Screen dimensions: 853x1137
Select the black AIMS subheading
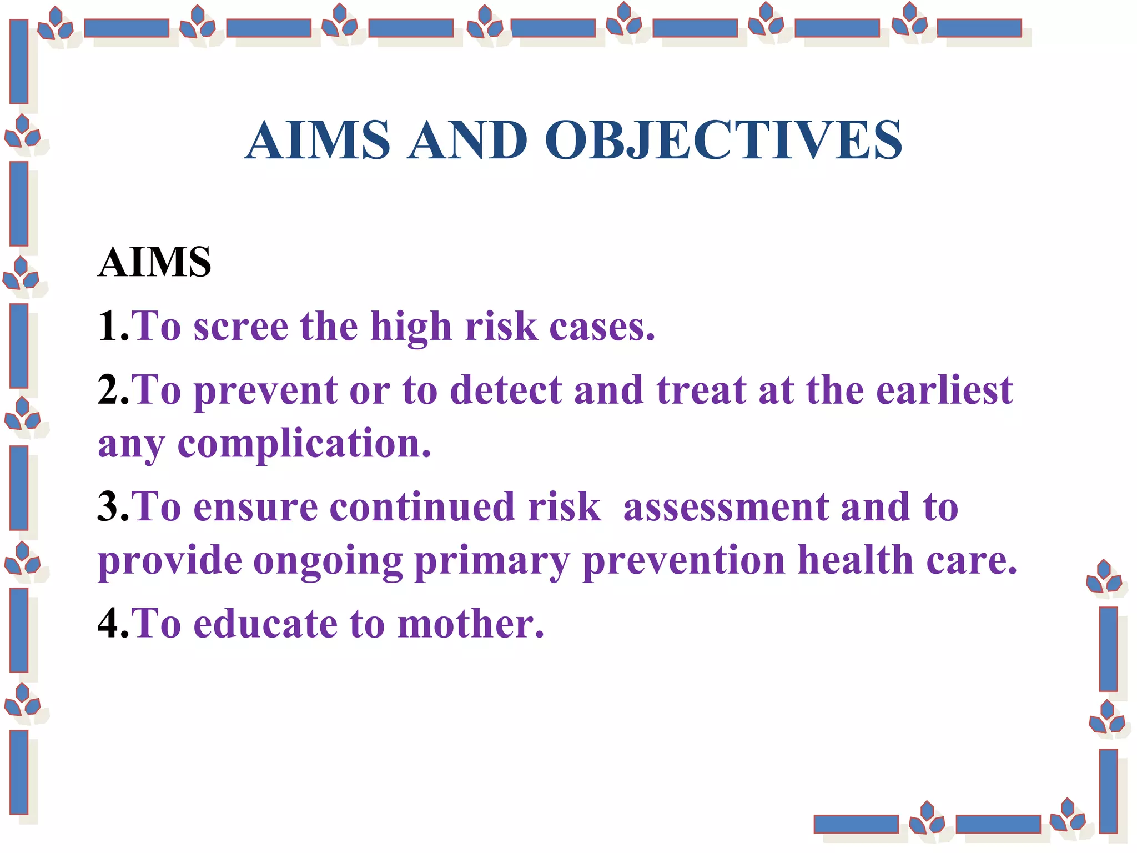154,262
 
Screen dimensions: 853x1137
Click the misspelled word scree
240,326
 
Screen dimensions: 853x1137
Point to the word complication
303,444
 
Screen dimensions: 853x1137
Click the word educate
265,624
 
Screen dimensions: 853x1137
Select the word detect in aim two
506,390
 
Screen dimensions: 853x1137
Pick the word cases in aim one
601,326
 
